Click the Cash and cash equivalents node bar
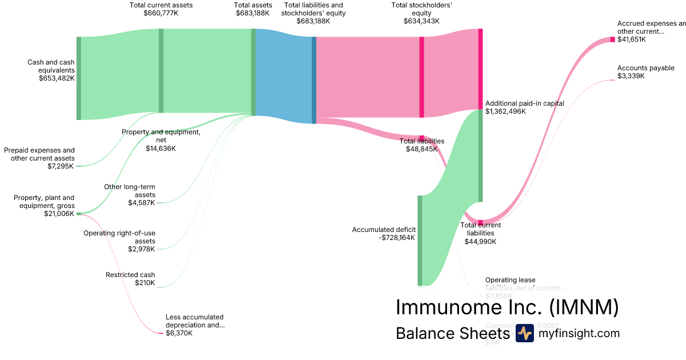(79, 78)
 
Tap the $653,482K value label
(57, 78)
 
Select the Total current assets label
(161, 5)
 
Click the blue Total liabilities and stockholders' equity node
(314, 80)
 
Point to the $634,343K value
(421, 21)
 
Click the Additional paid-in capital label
(524, 103)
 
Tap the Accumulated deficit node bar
(420, 240)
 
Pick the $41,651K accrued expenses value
(632, 39)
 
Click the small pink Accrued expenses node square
(612, 39)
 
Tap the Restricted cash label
(130, 275)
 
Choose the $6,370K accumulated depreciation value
(179, 333)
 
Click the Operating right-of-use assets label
(119, 237)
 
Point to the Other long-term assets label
(129, 190)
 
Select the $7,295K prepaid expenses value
(61, 166)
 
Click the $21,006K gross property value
(59, 214)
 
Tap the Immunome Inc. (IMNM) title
(506, 307)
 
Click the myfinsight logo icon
(524, 333)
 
